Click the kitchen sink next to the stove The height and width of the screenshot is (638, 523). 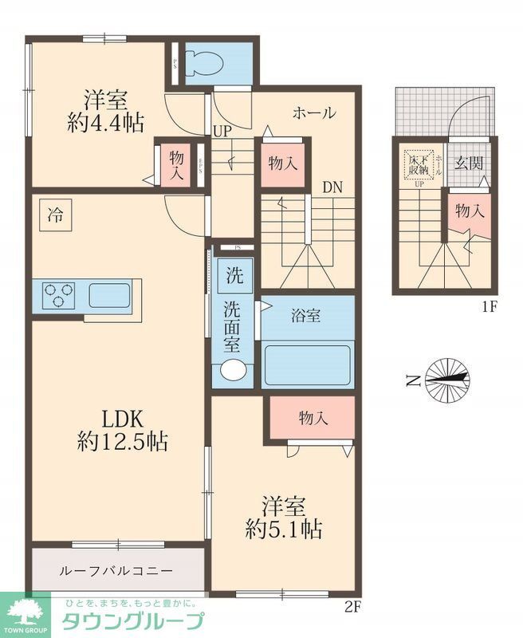click(x=109, y=295)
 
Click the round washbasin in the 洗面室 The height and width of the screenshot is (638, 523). click(x=234, y=369)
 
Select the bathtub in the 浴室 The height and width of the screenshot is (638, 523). click(x=308, y=365)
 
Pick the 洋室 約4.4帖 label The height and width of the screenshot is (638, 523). click(x=105, y=112)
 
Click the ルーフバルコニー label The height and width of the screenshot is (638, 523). click(x=116, y=572)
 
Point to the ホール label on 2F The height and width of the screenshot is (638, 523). click(x=313, y=112)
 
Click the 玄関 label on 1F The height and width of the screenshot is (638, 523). click(x=469, y=163)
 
